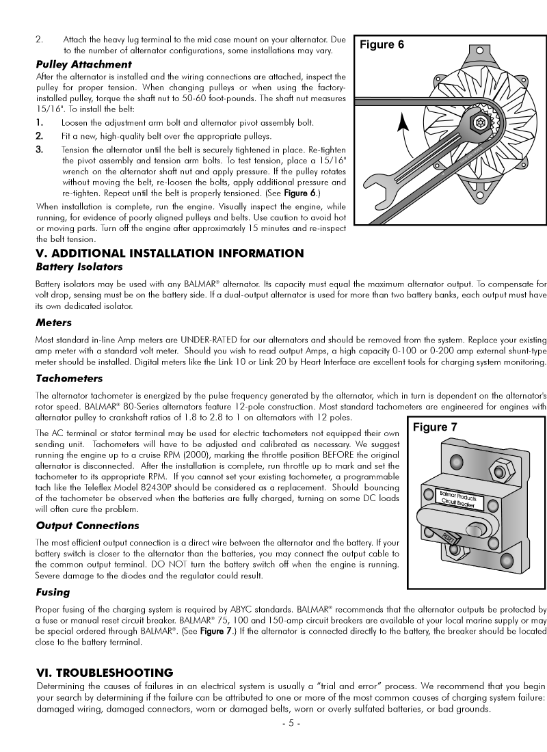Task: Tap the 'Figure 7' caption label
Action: [x=434, y=428]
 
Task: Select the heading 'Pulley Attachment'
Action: [x=83, y=64]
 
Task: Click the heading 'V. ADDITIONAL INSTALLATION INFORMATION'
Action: [x=170, y=254]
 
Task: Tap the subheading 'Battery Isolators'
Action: [x=79, y=267]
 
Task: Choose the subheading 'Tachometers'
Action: [x=69, y=378]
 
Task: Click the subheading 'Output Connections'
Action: [x=88, y=526]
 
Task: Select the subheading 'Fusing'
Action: [x=53, y=593]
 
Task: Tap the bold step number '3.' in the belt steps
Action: [x=40, y=149]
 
